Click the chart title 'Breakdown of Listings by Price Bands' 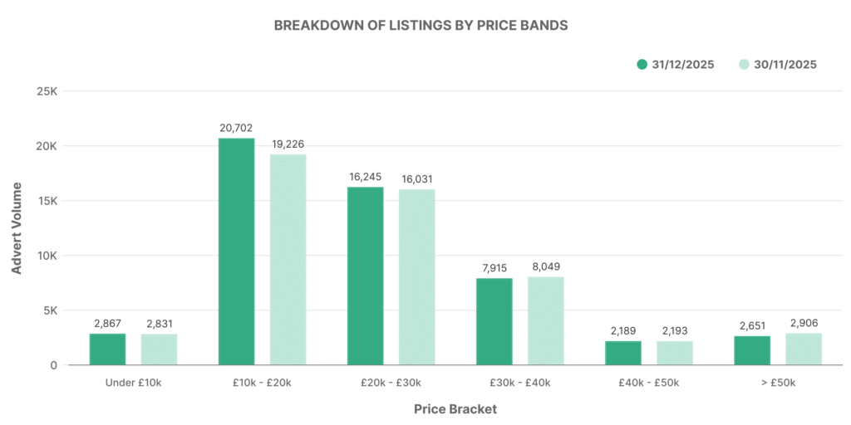421,26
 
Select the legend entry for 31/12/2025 675,65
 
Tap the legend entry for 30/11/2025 776,65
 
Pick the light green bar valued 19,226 288,260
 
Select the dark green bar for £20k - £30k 365,276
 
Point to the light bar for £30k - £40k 545,320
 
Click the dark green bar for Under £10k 107,349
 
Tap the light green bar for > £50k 804,349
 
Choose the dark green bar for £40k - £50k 623,353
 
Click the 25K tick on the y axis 46,91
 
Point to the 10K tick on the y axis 46,256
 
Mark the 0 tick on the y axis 52,365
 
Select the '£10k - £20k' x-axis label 262,383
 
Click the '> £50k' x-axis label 778,383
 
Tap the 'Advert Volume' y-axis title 17,229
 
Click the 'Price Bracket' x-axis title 455,409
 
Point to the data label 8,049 545,266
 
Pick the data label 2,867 107,323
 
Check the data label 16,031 416,178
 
